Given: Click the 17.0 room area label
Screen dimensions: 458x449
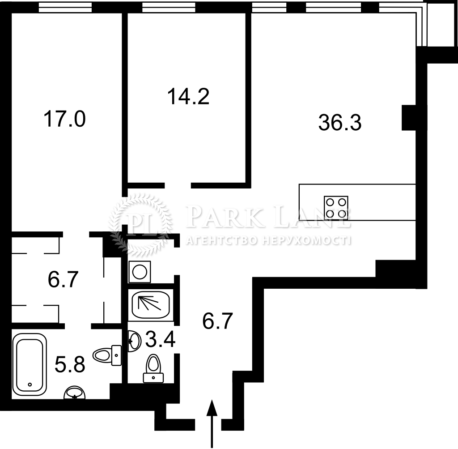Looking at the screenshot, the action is click(64, 119).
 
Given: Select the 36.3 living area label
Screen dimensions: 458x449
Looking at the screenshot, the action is click(340, 122).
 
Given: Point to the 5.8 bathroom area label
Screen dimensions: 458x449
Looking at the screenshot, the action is click(70, 364).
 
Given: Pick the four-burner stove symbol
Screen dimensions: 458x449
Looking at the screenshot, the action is click(336, 208).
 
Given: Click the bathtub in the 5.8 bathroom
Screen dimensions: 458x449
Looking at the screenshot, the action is click(29, 364).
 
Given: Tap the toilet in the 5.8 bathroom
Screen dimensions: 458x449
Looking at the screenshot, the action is click(107, 355).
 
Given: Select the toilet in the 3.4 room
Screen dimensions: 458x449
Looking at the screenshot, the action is click(154, 368).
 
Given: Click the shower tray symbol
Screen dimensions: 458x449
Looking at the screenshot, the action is click(151, 304).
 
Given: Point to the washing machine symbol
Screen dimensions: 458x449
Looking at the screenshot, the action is click(140, 272).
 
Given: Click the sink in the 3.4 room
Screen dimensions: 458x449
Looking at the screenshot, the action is click(134, 341).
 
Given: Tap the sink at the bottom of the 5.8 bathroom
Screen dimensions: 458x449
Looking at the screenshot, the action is click(75, 393).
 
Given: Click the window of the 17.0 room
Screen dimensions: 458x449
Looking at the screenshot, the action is click(65, 8).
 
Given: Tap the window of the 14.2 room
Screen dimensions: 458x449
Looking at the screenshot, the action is click(169, 8).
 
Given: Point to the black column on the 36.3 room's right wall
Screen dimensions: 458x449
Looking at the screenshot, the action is click(409, 118).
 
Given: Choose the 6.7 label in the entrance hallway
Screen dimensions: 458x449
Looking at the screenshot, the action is click(218, 321).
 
